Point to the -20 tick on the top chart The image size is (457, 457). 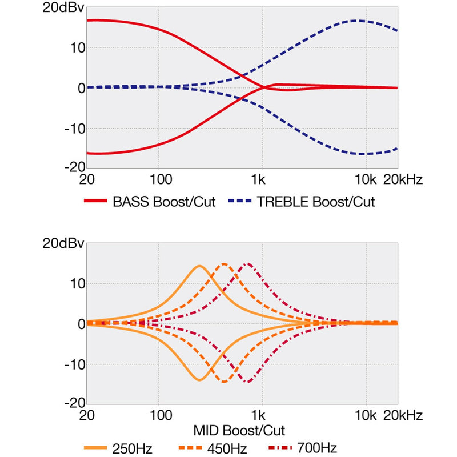[x=74, y=167]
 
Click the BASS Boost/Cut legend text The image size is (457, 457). [x=164, y=202]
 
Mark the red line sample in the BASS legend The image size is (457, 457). [x=95, y=202]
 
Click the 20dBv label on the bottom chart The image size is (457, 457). [x=63, y=243]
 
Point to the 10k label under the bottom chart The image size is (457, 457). [x=365, y=415]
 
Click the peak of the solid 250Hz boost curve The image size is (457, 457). [x=199, y=266]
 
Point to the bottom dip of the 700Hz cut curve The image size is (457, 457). [x=247, y=382]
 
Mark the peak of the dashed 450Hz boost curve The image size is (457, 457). [x=224, y=264]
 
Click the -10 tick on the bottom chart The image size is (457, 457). [x=74, y=364]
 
